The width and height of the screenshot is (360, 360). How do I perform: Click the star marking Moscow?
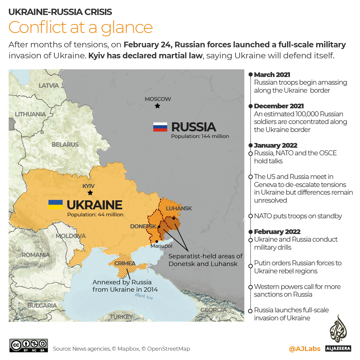tap(157, 106)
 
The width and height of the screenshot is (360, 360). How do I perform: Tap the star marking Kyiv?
tap(90, 193)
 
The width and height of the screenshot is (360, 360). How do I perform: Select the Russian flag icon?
tap(160, 127)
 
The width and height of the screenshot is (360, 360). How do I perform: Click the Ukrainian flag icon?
tap(55, 205)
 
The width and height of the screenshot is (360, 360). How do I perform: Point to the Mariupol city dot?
tap(157, 241)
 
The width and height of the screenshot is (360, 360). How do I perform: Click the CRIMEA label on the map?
tap(125, 263)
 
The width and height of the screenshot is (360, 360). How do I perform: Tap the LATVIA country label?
tap(49, 86)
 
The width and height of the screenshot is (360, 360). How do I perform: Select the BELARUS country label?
tap(65, 145)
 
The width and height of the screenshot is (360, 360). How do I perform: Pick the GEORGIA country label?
tap(214, 310)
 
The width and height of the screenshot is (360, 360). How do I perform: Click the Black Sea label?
tap(144, 296)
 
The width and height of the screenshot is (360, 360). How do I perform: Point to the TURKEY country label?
tap(121, 317)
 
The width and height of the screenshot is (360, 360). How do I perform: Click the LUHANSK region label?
tap(179, 208)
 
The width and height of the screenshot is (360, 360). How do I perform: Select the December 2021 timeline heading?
tap(279, 106)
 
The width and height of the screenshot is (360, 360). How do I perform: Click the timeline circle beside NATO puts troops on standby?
tap(250, 216)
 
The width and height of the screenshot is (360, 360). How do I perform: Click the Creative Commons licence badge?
tap(29, 345)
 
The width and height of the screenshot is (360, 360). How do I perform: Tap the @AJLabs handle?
tap(304, 349)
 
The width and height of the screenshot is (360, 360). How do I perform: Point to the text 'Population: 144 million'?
tap(200, 136)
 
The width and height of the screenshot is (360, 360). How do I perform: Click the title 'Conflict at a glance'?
tap(81, 27)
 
